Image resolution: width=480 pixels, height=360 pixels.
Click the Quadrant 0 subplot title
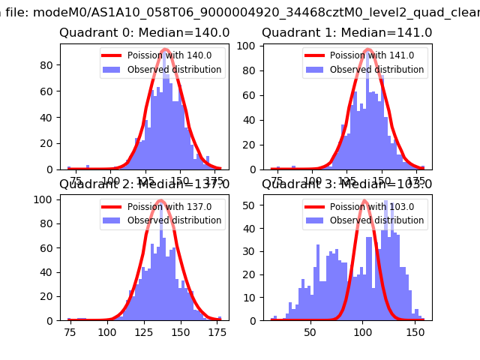pyautogui.click(x=144, y=33)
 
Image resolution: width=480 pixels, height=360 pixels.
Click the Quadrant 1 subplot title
pyautogui.click(x=346, y=33)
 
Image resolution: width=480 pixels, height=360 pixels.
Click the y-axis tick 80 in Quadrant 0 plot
pyautogui.click(x=46, y=64)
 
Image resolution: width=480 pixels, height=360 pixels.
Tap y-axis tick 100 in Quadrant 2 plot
pyautogui.click(x=43, y=199)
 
